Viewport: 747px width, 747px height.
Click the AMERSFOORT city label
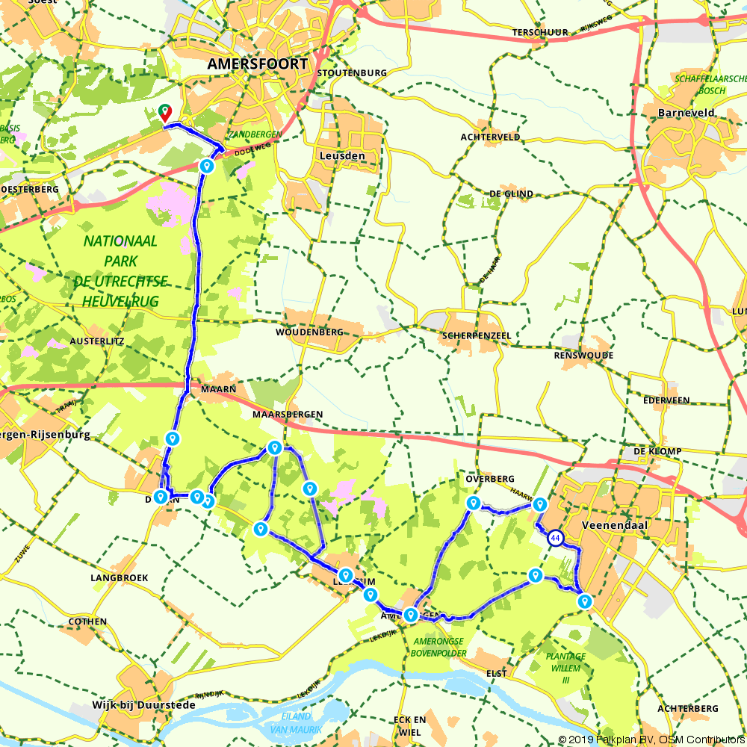click(257, 64)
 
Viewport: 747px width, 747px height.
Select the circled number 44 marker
click(555, 537)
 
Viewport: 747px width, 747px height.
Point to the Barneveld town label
click(686, 113)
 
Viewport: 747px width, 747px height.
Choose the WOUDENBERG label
click(309, 332)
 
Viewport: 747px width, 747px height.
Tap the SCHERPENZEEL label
click(477, 336)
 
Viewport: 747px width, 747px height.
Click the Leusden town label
click(342, 156)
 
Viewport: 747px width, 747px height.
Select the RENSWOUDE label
click(583, 356)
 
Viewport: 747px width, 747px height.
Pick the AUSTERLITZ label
click(96, 341)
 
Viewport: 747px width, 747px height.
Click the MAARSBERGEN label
click(288, 414)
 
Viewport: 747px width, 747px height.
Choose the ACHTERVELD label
click(491, 137)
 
